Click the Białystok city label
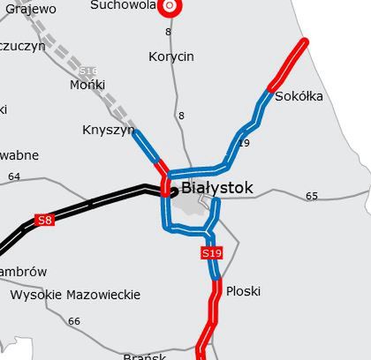[217, 188]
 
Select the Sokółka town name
[299, 96]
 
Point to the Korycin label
[171, 56]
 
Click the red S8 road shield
[45, 220]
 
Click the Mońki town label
[87, 85]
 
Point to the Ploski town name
[243, 290]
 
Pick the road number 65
[311, 196]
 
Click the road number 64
[13, 176]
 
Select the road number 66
[73, 321]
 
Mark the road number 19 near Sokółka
[244, 143]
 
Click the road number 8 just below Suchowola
[168, 32]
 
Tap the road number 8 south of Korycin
[181, 116]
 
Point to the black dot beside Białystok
[174, 190]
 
